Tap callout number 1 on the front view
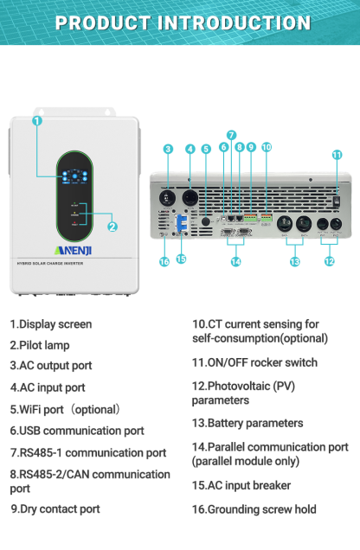click(x=37, y=121)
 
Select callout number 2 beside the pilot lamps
click(x=112, y=227)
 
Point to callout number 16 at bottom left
click(x=164, y=261)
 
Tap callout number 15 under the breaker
click(x=181, y=259)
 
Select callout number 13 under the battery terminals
click(x=294, y=261)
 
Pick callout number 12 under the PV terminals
click(x=329, y=261)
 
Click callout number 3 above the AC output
click(x=168, y=148)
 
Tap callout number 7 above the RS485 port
click(x=231, y=135)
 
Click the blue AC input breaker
click(x=182, y=224)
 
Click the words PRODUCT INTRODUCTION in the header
click(x=180, y=22)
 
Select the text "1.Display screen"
click(x=50, y=324)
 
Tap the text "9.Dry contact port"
click(x=55, y=509)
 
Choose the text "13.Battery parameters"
click(x=247, y=424)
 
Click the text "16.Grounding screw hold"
click(x=254, y=510)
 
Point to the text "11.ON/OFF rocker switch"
click(x=254, y=362)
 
